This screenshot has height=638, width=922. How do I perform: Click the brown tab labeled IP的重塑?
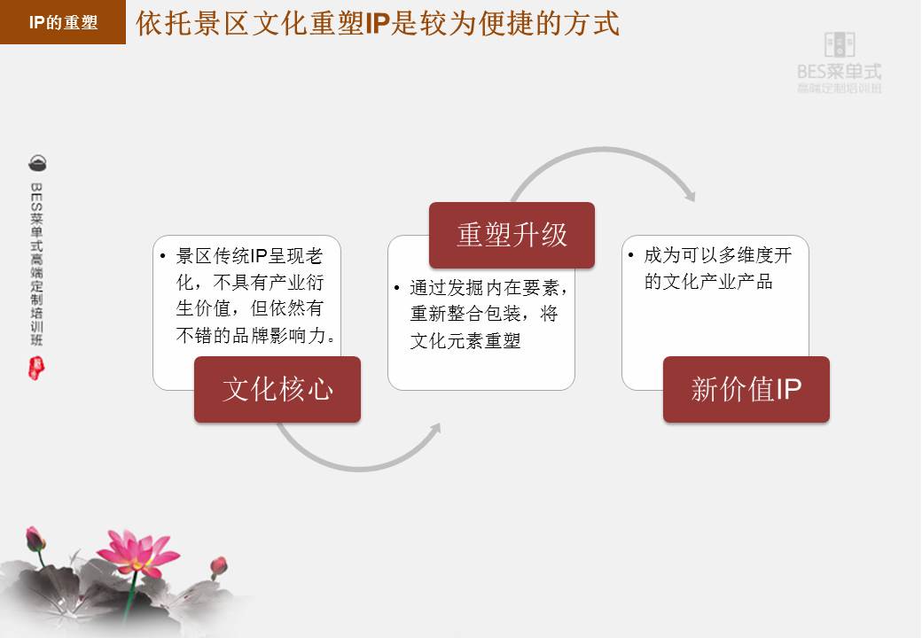pyautogui.click(x=63, y=23)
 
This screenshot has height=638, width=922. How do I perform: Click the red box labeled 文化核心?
pyautogui.click(x=277, y=389)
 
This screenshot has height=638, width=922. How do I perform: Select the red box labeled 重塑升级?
pyautogui.click(x=512, y=235)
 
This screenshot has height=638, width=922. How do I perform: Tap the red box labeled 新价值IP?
pyautogui.click(x=746, y=389)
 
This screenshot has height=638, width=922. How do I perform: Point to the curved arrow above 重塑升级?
pyautogui.click(x=604, y=159)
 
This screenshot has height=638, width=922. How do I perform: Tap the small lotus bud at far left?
pyautogui.click(x=35, y=539)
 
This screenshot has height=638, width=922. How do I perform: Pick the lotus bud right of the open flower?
pyautogui.click(x=218, y=565)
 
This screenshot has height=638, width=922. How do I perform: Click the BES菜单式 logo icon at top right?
pyautogui.click(x=840, y=45)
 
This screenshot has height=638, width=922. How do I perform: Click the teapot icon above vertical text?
pyautogui.click(x=37, y=163)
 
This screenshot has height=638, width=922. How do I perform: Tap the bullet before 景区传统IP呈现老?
pyautogui.click(x=163, y=256)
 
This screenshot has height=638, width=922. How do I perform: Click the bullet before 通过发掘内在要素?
pyautogui.click(x=397, y=288)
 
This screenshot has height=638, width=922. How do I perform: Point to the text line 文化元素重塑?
pyautogui.click(x=465, y=340)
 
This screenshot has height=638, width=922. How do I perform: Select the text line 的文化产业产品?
pyautogui.click(x=708, y=282)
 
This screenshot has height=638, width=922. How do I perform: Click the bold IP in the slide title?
pyautogui.click(x=378, y=23)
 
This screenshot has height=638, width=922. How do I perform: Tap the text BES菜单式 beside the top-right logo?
pyautogui.click(x=840, y=72)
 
